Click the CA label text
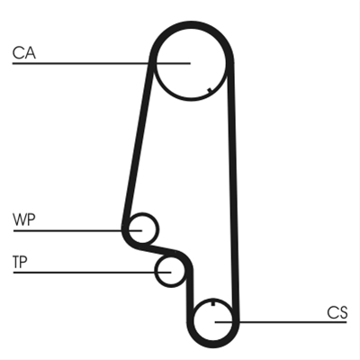click(x=24, y=52)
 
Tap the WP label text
click(x=24, y=220)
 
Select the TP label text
click(x=20, y=262)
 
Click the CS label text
click(x=337, y=312)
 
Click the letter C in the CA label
click(x=18, y=52)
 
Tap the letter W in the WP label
click(x=19, y=220)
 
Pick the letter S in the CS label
click(x=343, y=312)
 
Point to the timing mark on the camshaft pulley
click(x=210, y=90)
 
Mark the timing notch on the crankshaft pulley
click(x=213, y=303)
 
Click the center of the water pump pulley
click(x=142, y=229)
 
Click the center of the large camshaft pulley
click(x=191, y=63)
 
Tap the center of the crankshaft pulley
click(x=213, y=321)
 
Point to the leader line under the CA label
click(x=102, y=63)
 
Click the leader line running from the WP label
click(x=77, y=230)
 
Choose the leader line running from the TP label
click(x=92, y=273)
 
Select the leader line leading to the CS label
click(x=281, y=322)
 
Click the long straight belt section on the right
click(x=233, y=192)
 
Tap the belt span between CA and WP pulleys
click(x=138, y=144)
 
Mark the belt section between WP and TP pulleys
click(x=160, y=248)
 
